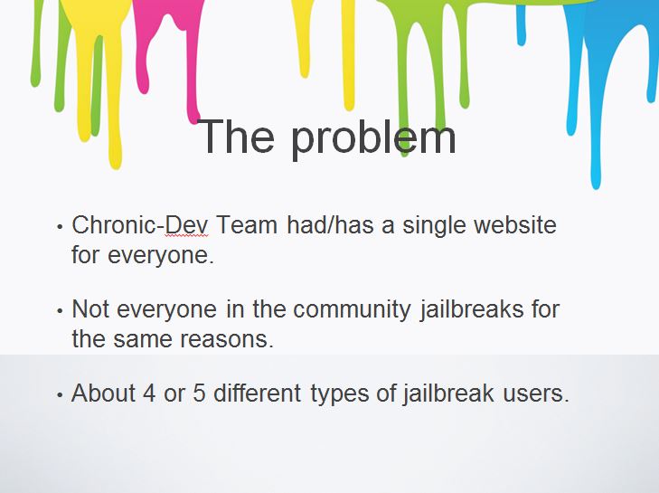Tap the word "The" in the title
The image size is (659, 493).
236,136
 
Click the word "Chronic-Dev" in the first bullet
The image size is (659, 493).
140,224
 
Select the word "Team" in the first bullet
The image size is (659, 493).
247,224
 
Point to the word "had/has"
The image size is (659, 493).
330,224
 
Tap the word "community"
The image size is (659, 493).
352,310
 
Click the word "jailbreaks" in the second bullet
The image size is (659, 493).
472,309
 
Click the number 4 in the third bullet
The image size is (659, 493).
149,393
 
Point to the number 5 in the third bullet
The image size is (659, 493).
199,393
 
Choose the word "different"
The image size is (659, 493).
258,393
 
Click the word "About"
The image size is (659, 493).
102,393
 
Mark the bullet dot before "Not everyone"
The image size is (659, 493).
60,311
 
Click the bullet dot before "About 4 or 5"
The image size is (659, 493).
60,395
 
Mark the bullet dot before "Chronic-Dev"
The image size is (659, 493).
60,227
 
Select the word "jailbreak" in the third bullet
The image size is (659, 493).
448,393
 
